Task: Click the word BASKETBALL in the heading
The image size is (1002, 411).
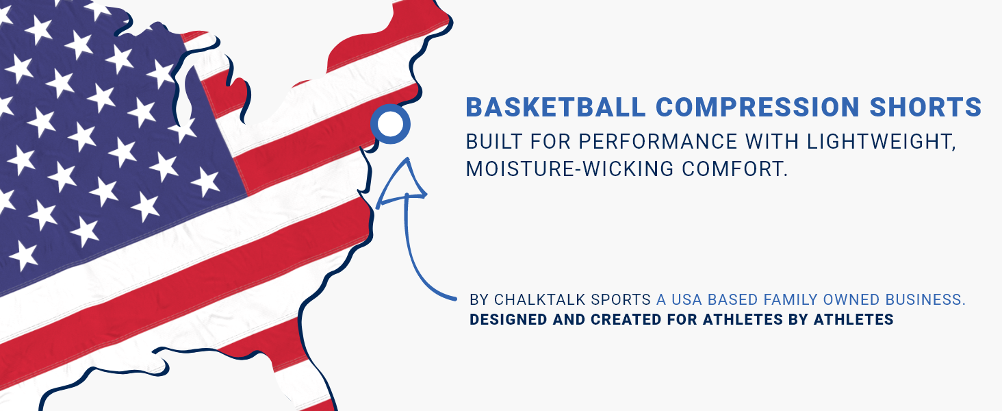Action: coord(556,108)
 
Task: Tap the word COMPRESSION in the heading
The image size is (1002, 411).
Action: coord(758,108)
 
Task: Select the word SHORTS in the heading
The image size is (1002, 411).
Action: coord(925,108)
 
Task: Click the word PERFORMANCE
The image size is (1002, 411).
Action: coord(658,142)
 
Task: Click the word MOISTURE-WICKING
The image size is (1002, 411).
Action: coord(569,169)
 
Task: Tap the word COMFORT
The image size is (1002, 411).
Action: coord(734,169)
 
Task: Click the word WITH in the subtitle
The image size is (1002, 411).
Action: coord(772,142)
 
